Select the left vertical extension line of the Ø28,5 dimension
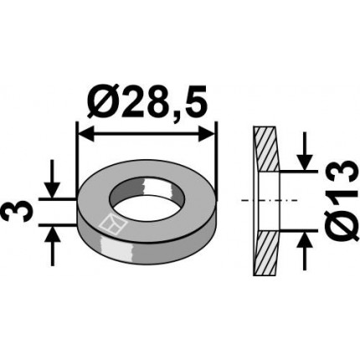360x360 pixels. click(x=77, y=159)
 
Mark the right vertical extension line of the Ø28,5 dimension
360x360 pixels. click(x=216, y=159)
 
